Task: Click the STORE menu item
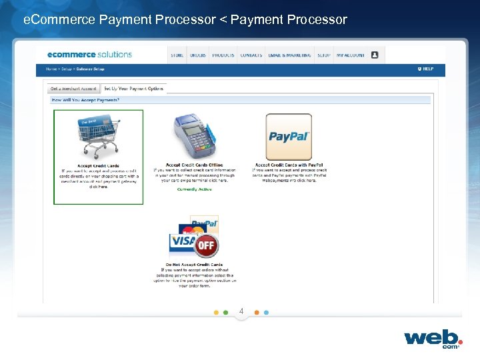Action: [x=177, y=55]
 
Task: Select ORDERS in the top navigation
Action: [x=198, y=55]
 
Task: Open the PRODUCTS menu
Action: [x=223, y=55]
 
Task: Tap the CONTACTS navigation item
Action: [x=251, y=55]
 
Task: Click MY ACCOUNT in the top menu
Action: [x=350, y=55]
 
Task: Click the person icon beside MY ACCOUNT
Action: [x=375, y=55]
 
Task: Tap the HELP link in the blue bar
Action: [x=427, y=69]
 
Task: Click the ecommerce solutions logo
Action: [x=89, y=54]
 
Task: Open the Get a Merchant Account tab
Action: [x=73, y=89]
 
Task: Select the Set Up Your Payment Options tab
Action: [x=133, y=89]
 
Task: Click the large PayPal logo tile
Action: [x=289, y=137]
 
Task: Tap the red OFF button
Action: [x=206, y=245]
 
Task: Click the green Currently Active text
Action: [x=194, y=189]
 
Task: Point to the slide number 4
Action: [x=241, y=311]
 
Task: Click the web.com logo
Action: [x=432, y=337]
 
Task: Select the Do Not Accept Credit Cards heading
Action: [x=194, y=265]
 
